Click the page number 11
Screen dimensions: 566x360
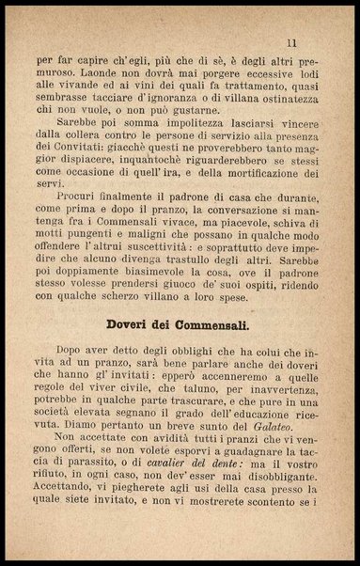(x=292, y=42)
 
